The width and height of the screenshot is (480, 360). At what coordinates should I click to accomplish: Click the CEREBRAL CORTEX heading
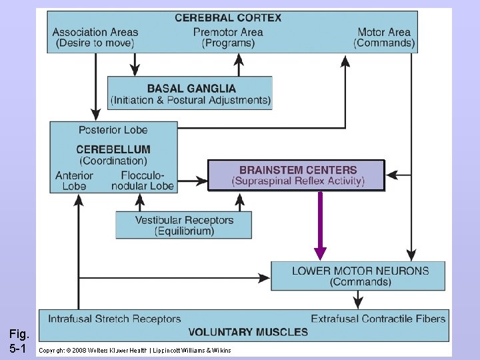coord(228,18)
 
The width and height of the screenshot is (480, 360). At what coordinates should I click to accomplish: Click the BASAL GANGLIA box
coord(191,93)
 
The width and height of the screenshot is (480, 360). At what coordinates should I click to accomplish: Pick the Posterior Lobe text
coord(113,129)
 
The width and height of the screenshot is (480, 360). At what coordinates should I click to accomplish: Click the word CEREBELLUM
coord(113,149)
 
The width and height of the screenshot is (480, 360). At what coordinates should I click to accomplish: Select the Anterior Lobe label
coord(75,181)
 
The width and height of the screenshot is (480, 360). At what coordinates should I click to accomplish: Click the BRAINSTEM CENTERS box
coord(297,175)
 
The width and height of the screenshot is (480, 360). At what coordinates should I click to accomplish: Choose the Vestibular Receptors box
coord(184,225)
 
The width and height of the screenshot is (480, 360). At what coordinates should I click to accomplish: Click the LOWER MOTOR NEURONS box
coord(360,276)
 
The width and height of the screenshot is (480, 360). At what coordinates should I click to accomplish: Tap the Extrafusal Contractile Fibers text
coord(378,319)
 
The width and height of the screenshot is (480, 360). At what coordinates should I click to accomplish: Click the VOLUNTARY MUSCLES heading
coord(248,332)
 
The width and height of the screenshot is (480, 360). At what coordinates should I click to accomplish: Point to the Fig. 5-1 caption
coord(18,340)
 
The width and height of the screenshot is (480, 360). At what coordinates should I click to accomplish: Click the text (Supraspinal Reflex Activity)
coord(297,181)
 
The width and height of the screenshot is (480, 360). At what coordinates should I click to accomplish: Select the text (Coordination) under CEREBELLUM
coord(113,161)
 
